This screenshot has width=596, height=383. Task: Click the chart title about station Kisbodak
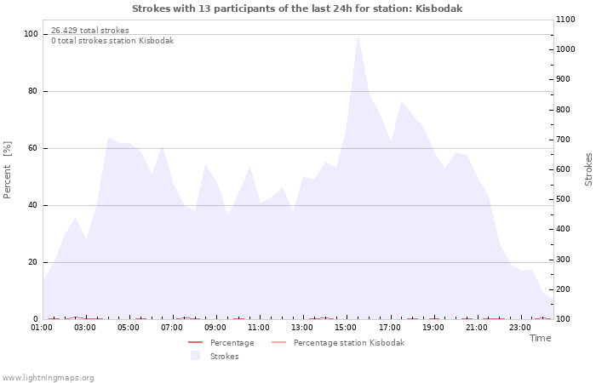(297, 9)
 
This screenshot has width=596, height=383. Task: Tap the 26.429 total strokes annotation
(90, 31)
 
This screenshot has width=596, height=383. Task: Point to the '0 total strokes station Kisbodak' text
(112, 41)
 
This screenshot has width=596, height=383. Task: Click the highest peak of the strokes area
(358, 36)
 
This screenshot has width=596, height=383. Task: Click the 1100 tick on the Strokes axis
(565, 20)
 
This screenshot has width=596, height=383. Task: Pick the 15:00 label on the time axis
(346, 328)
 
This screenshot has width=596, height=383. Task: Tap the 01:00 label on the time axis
(42, 328)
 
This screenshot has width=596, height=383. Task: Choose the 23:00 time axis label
(520, 328)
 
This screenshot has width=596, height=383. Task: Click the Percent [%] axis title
(7, 170)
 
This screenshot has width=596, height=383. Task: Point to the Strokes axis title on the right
(588, 169)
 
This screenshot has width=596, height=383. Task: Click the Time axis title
(541, 338)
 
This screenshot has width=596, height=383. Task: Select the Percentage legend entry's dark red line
(195, 343)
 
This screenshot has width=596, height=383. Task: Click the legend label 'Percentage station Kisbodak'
(349, 343)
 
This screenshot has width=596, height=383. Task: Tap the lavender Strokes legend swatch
(195, 356)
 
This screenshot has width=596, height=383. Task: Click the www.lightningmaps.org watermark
(48, 378)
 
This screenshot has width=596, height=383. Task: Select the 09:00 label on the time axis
(215, 328)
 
